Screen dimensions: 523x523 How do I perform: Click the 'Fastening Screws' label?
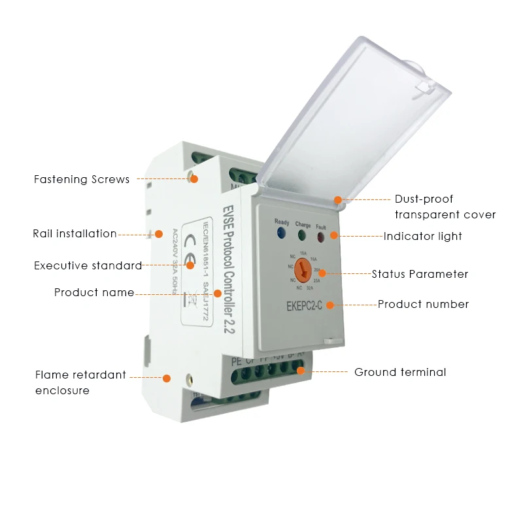click(x=82, y=179)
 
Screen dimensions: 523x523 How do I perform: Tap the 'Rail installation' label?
click(x=75, y=233)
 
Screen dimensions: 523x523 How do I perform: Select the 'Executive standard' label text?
click(x=88, y=265)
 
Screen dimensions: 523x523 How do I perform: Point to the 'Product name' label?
click(x=93, y=293)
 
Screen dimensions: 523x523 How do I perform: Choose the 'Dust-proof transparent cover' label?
click(x=445, y=207)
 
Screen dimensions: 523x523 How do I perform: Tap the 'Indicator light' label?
click(x=422, y=236)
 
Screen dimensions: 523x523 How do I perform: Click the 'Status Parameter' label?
click(x=420, y=274)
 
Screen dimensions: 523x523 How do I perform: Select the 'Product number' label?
click(x=423, y=304)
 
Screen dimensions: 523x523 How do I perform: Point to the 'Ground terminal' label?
click(x=400, y=372)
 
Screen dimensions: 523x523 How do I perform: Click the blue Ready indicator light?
click(x=281, y=233)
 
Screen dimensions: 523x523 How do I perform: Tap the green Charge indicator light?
click(x=303, y=234)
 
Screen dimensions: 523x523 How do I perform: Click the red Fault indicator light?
click(x=322, y=235)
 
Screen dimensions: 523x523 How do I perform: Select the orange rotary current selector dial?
click(x=303, y=268)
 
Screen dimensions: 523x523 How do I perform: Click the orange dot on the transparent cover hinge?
click(x=338, y=199)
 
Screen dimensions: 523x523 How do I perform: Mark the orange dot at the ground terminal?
click(x=301, y=371)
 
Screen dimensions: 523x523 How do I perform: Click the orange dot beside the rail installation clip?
click(x=158, y=233)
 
